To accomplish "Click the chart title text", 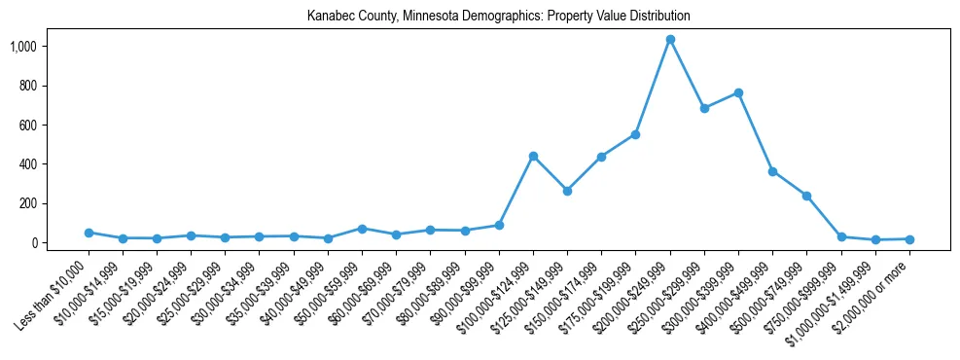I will (x=498, y=16).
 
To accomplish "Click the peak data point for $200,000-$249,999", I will (x=670, y=39).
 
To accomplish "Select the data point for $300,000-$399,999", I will (x=738, y=92).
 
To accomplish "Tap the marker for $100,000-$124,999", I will (x=533, y=156).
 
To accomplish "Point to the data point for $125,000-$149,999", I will (x=567, y=191).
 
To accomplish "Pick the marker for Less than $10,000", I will (x=89, y=233).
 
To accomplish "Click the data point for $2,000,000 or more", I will (x=909, y=238).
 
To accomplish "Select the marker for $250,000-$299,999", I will (x=704, y=108).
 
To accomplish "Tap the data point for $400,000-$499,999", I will (x=772, y=171).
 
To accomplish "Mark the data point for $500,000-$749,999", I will (x=806, y=196).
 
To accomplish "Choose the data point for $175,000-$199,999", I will (x=635, y=134).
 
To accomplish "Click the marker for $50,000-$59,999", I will (x=362, y=229).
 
